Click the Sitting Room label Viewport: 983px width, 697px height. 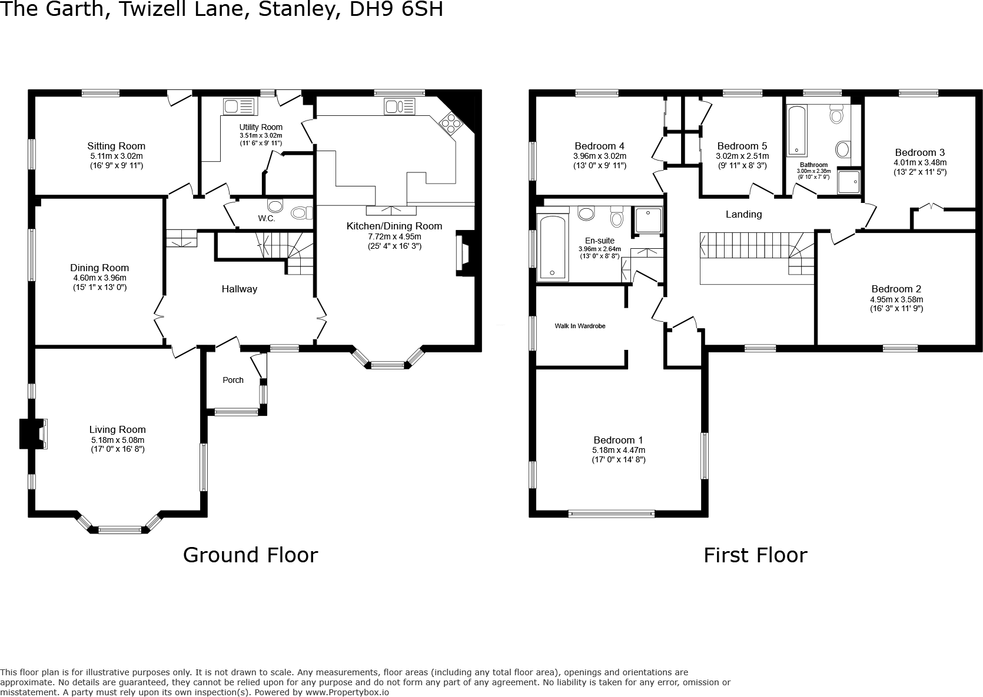(116, 146)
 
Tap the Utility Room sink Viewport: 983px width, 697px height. (238, 106)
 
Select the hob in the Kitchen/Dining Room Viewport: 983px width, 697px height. (451, 123)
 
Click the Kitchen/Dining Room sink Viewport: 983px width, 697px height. (400, 106)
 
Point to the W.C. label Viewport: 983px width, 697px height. (266, 218)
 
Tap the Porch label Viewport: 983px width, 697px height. (233, 380)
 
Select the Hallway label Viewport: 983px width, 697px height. (239, 289)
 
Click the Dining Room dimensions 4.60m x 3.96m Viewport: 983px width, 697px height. (99, 278)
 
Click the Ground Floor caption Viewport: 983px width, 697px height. (250, 555)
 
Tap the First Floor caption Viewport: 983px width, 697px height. (755, 555)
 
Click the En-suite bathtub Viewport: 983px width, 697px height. (552, 246)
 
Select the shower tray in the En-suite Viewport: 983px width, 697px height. (648, 219)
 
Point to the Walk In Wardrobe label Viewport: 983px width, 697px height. (580, 326)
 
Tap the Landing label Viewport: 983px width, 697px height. (743, 214)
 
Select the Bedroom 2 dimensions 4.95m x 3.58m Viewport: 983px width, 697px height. (896, 299)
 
